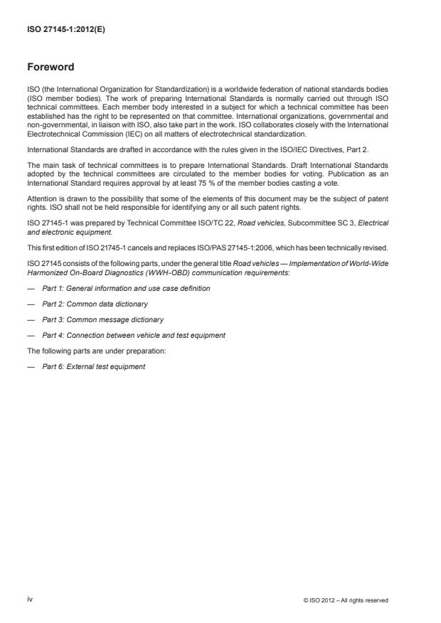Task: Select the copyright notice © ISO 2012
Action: [346, 600]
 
